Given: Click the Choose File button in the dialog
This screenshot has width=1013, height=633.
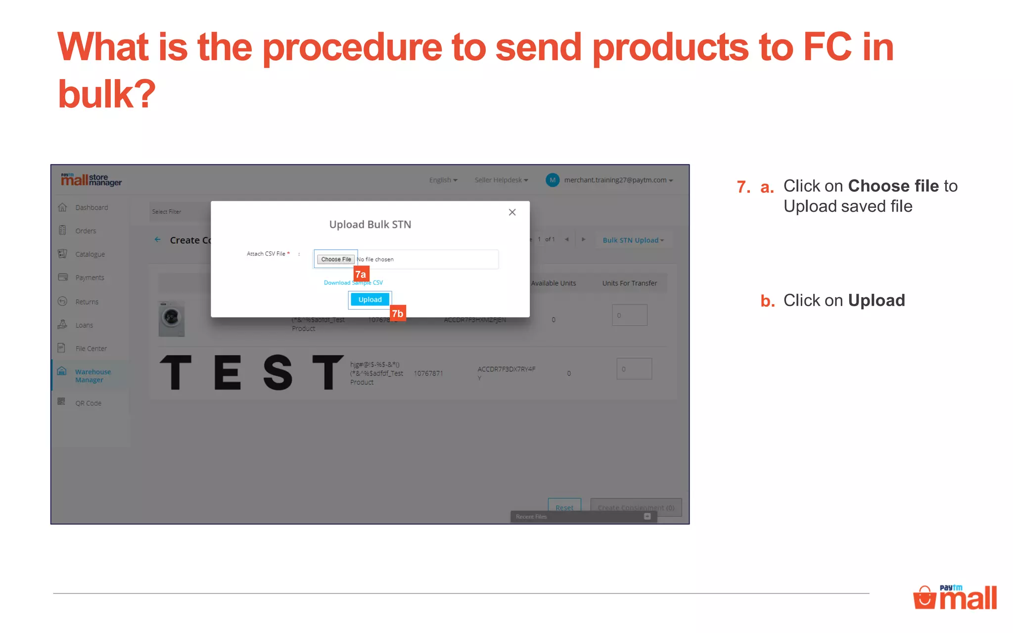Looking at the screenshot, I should pyautogui.click(x=336, y=259).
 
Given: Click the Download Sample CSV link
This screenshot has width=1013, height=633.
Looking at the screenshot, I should pyautogui.click(x=353, y=283).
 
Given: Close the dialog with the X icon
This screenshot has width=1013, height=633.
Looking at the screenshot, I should pyautogui.click(x=512, y=212).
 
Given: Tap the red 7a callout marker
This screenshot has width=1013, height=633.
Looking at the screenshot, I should pyautogui.click(x=361, y=274).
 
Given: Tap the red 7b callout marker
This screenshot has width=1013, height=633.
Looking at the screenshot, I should pyautogui.click(x=398, y=314).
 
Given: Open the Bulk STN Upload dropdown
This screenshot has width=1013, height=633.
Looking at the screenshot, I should pyautogui.click(x=633, y=240).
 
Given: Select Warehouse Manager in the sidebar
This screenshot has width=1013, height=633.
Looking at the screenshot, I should pyautogui.click(x=92, y=376).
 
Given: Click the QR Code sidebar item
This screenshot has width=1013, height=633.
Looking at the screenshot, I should pyautogui.click(x=88, y=403).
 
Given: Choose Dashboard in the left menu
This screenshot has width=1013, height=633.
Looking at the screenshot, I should pyautogui.click(x=92, y=208).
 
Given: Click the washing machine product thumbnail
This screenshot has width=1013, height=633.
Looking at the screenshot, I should pyautogui.click(x=172, y=318).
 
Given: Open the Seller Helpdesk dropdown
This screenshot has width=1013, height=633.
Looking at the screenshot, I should pyautogui.click(x=501, y=180).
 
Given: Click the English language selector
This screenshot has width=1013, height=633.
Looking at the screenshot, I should pyautogui.click(x=443, y=180).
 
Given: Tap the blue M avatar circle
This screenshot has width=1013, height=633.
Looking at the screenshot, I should pyautogui.click(x=553, y=180).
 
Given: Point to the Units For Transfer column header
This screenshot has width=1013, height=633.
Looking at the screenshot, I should pyautogui.click(x=629, y=283).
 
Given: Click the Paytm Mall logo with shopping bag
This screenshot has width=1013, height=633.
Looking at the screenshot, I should pyautogui.click(x=955, y=597).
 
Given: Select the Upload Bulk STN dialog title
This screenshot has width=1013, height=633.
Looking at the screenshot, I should pyautogui.click(x=370, y=225).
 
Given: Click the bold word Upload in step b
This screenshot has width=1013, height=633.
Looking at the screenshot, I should pyautogui.click(x=876, y=301).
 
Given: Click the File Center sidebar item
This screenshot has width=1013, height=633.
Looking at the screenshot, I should pyautogui.click(x=91, y=349).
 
